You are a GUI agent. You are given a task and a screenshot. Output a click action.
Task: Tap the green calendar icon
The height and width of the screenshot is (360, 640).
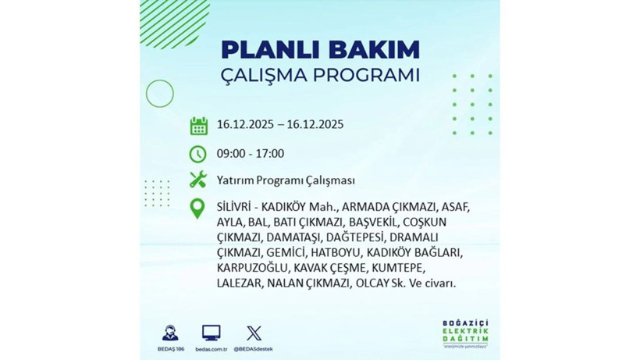click(x=198, y=125)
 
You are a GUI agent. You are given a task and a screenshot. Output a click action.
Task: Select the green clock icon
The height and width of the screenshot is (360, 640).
click(x=198, y=153)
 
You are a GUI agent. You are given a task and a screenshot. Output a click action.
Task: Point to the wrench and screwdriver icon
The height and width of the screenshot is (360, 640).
click(x=198, y=180)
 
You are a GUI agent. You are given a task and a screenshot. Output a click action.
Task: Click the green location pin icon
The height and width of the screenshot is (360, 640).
click(x=198, y=209)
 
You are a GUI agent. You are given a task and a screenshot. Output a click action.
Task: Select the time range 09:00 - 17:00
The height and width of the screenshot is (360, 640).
click(x=251, y=153)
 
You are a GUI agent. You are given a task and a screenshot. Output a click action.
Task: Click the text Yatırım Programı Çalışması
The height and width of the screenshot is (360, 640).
click(x=286, y=180)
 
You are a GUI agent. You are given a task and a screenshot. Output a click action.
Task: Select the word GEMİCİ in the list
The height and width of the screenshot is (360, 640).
click(x=286, y=252)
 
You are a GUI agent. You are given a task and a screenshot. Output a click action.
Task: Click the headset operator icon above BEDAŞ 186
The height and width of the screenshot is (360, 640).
click(x=169, y=333)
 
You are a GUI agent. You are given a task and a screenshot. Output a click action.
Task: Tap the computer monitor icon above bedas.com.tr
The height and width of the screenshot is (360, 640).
click(x=211, y=332)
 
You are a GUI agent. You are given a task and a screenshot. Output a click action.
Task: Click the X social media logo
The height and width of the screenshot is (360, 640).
click(x=254, y=332)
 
